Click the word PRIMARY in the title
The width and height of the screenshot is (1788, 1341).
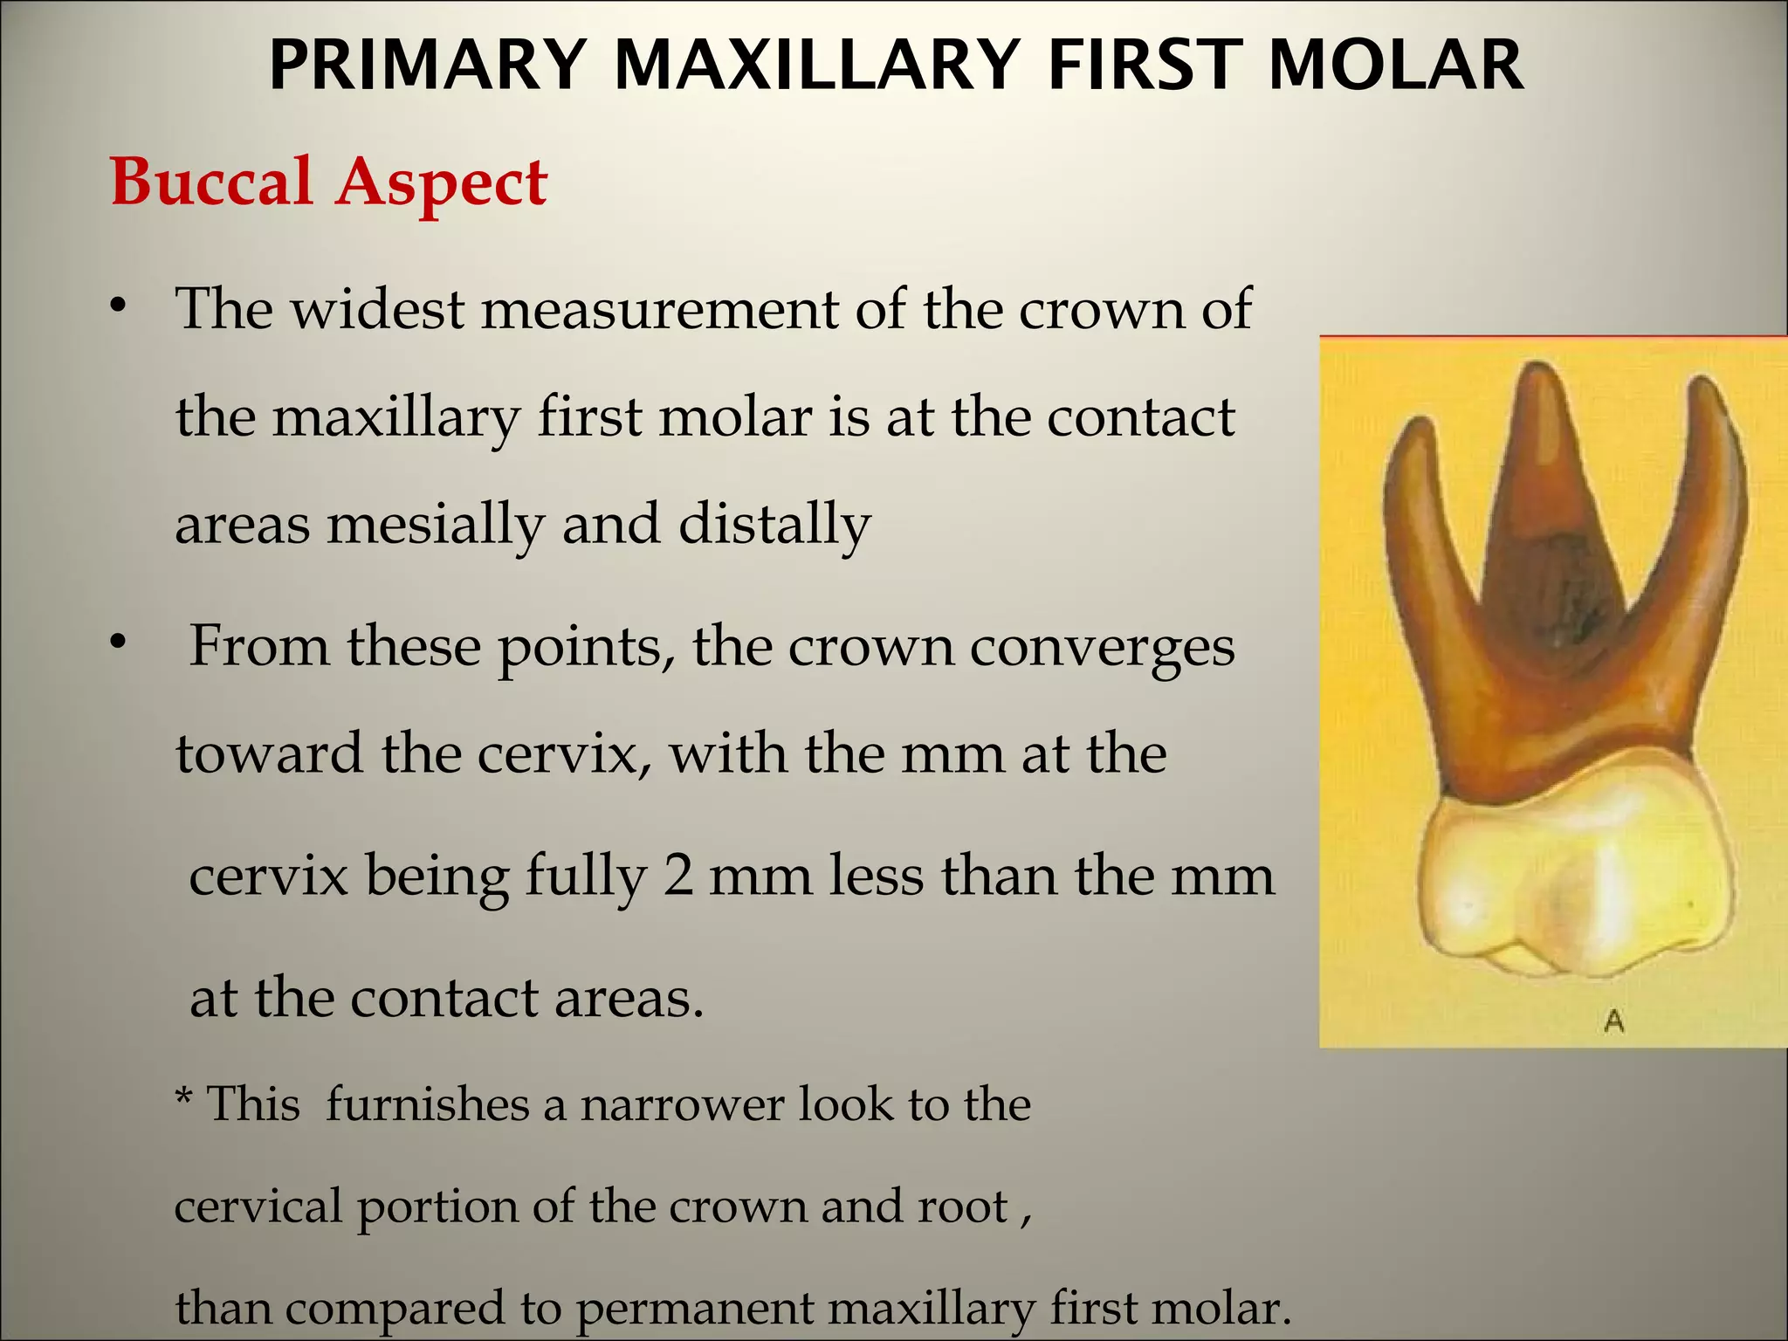[x=427, y=65]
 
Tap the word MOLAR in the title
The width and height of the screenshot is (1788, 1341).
[x=1396, y=65]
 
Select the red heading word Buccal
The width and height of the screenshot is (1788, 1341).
[x=211, y=182]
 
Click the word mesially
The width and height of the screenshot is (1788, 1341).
[x=437, y=525]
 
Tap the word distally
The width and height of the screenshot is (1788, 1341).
[x=774, y=525]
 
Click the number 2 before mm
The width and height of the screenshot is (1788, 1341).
[x=677, y=876]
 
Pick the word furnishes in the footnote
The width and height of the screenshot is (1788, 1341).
[x=428, y=1104]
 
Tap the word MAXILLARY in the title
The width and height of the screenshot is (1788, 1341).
[x=817, y=65]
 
